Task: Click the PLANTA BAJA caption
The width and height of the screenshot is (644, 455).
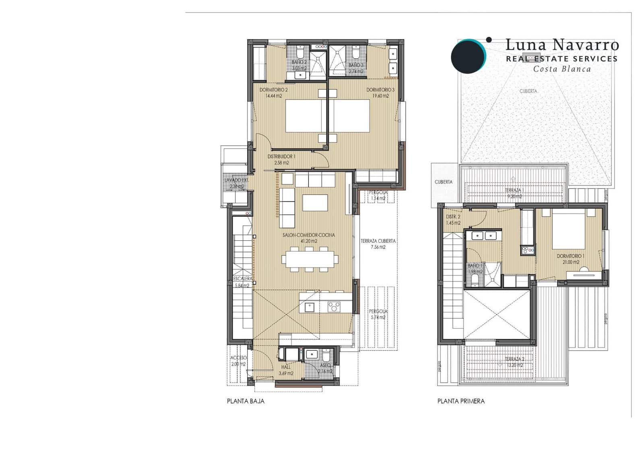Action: tap(246, 401)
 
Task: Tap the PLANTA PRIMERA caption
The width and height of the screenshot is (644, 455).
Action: tap(461, 401)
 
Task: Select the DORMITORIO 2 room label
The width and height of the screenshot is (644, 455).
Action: tap(273, 90)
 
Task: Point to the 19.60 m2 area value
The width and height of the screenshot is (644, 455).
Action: tap(380, 96)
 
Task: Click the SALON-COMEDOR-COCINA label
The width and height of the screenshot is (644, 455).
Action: tap(309, 235)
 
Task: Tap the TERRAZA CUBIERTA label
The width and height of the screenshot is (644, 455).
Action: tap(378, 241)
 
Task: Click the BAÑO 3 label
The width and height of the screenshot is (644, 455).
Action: tap(356, 65)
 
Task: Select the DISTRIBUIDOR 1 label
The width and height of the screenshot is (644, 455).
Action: tap(281, 157)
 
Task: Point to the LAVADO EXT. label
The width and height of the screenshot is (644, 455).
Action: tap(236, 180)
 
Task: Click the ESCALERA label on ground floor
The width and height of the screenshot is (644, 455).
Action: tap(243, 279)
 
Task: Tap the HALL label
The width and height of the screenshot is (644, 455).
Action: tap(286, 367)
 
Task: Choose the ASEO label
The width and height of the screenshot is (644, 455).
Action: tap(325, 366)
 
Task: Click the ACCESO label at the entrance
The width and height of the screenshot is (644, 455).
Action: tap(238, 358)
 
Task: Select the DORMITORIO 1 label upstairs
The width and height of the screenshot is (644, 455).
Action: tap(571, 256)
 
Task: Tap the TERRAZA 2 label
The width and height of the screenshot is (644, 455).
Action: tap(514, 359)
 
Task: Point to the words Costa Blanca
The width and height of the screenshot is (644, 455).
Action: tap(562, 69)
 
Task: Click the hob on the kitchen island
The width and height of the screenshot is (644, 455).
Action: tap(334, 307)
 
